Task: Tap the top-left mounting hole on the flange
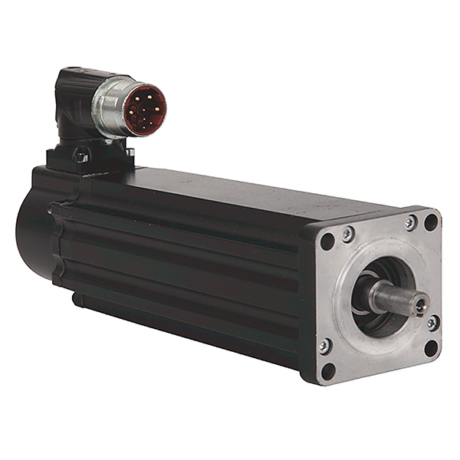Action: [x=327, y=242]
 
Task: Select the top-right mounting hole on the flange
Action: [x=431, y=222]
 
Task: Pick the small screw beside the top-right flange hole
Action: [x=412, y=223]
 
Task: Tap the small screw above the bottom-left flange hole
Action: [x=325, y=347]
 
